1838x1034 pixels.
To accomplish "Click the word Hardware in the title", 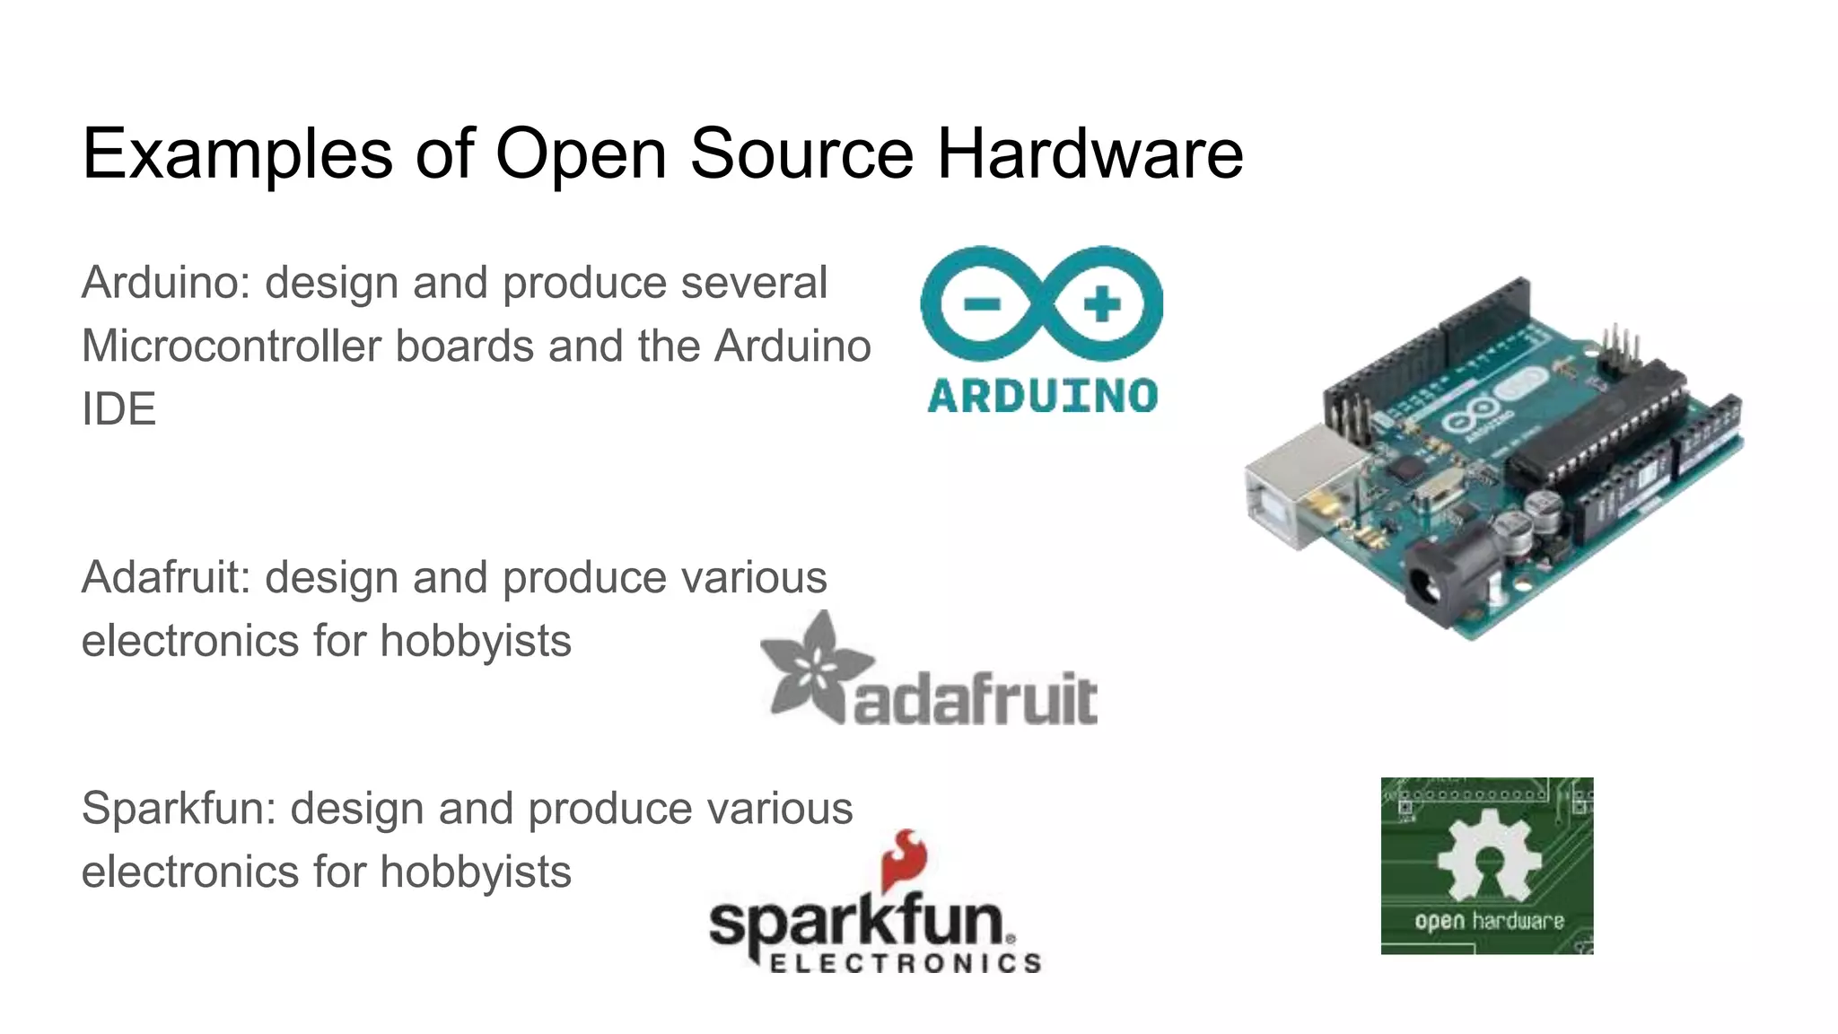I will click(x=1090, y=154).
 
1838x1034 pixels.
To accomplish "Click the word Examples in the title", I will click(x=237, y=154).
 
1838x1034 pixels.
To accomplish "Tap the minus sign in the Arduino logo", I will click(x=982, y=304).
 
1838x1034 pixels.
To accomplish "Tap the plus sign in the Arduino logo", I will click(x=1101, y=304).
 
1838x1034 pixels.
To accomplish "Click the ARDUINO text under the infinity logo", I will click(x=1042, y=396).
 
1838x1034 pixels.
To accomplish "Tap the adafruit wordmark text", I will click(x=975, y=699).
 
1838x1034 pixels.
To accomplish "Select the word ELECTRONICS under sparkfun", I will click(x=905, y=964).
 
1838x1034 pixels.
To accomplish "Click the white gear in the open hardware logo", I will click(x=1488, y=854).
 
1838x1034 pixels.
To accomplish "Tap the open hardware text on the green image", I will click(x=1488, y=922).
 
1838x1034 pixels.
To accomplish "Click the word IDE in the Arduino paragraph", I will click(x=118, y=409).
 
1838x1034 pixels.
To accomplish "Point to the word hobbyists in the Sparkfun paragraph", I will click(x=475, y=872).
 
